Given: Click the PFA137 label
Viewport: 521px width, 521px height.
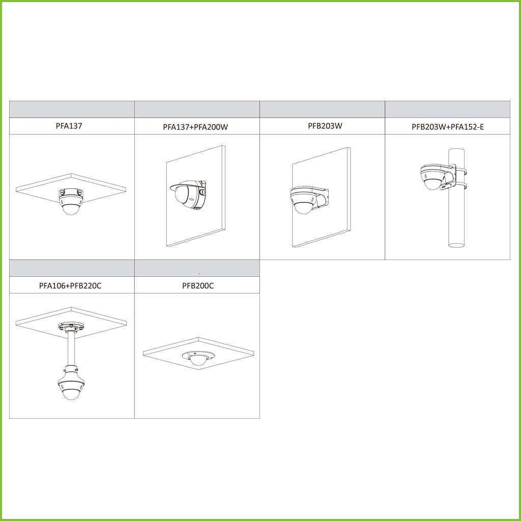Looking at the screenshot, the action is point(69,126).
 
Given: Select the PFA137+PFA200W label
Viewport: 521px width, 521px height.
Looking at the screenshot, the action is point(195,127).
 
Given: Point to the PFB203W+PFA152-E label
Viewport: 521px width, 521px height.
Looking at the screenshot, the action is point(448,127).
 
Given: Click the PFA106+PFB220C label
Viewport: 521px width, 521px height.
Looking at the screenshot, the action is point(70,285).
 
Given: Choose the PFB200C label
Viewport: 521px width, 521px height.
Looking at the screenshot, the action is point(198,285).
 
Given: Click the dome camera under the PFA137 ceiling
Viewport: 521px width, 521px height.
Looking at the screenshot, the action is point(71,201).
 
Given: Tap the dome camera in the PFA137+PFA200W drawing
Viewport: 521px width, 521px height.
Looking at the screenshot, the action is point(189,196).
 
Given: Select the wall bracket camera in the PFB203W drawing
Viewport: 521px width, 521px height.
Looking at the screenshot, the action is point(309,199).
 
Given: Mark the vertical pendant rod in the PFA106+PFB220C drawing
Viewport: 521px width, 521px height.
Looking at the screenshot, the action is point(71,348).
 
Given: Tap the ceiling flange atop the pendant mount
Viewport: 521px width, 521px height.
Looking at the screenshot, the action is point(71,326).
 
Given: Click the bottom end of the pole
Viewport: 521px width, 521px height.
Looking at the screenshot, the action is point(456,245).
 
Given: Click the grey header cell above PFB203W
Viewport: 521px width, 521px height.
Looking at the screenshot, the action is point(322,109).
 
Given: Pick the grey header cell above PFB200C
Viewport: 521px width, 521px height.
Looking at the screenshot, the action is point(197,268).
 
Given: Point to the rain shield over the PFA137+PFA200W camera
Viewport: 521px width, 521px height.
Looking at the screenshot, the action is point(186,185).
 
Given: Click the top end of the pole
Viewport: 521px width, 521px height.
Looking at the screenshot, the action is point(456,150).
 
